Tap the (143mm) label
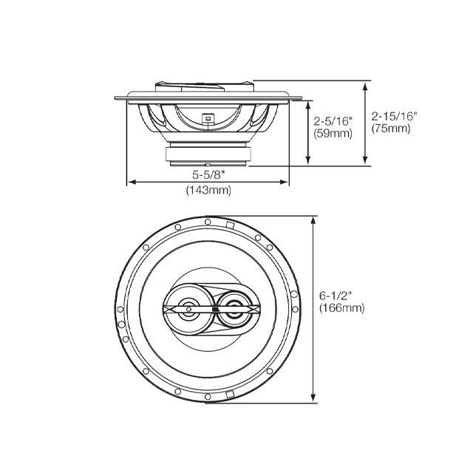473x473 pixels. tap(208, 191)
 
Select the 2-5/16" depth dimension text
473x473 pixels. tap(333, 120)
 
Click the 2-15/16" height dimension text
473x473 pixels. tap(395, 116)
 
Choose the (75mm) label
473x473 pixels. tap(391, 129)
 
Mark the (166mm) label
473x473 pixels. tap(341, 309)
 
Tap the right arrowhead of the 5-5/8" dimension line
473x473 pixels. tap(285, 182)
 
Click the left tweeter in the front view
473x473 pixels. tap(186, 309)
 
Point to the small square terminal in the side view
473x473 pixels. tap(208, 118)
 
